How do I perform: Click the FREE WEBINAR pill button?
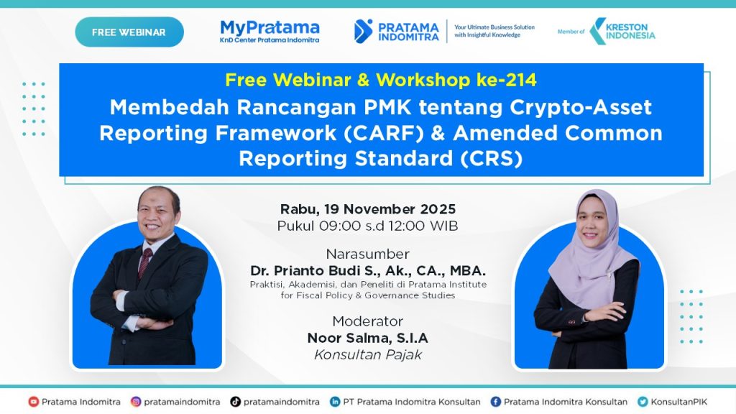129,32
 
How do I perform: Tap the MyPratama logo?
270,31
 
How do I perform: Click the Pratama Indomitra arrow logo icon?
363,32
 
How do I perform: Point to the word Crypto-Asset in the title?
581,108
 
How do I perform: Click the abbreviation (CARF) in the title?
384,133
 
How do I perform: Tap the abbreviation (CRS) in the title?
491,159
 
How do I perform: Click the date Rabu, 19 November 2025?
368,209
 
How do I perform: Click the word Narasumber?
368,254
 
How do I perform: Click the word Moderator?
368,321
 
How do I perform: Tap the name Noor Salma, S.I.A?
368,338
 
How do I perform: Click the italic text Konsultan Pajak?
368,355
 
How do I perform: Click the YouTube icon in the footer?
33,402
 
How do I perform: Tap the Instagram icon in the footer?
136,402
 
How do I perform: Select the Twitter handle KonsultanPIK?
678,402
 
